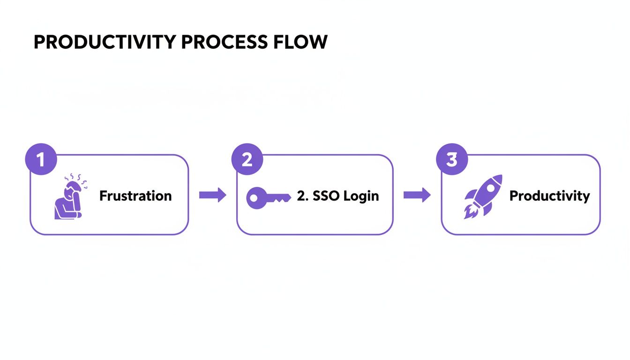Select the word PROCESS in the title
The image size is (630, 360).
(224, 42)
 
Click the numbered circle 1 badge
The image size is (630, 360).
(41, 160)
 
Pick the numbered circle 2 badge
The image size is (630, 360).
(247, 160)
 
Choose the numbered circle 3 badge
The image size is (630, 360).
(451, 160)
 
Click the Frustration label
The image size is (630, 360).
(135, 196)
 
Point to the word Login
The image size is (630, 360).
(360, 196)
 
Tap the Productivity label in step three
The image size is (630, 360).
(549, 195)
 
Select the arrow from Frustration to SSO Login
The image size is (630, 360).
(212, 195)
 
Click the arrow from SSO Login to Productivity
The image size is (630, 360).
(417, 195)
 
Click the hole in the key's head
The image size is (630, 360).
(254, 198)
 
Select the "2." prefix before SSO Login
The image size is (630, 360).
(301, 195)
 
